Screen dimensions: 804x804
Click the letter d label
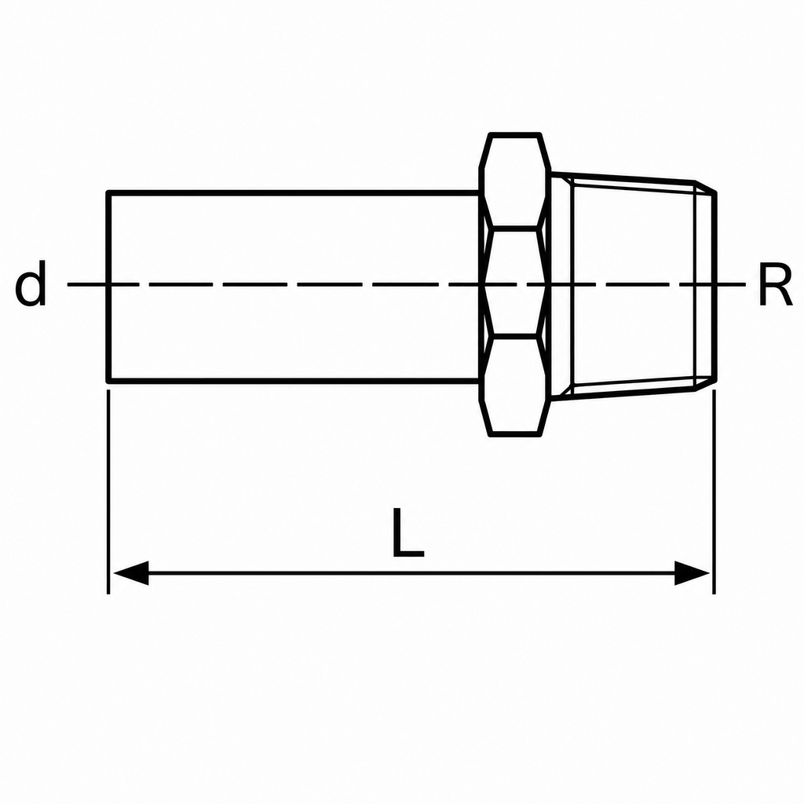pyautogui.click(x=31, y=283)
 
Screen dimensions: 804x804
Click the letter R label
pyautogui.click(x=775, y=284)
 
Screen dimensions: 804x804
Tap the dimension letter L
pyautogui.click(x=408, y=532)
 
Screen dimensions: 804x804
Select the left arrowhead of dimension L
pyautogui.click(x=131, y=572)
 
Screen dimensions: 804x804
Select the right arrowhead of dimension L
pyautogui.click(x=693, y=572)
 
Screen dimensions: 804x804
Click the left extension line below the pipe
pyautogui.click(x=108, y=492)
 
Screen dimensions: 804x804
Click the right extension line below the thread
pyautogui.click(x=714, y=492)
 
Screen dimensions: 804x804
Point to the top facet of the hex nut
pyautogui.click(x=515, y=180)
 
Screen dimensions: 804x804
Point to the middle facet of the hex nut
pyautogui.click(x=515, y=282)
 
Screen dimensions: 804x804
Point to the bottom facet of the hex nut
pyautogui.click(x=515, y=386)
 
